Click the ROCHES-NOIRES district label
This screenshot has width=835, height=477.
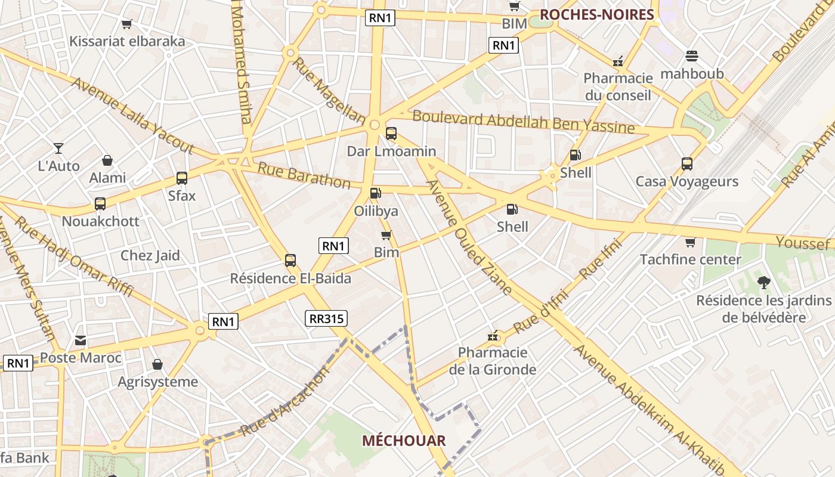pyautogui.click(x=596, y=14)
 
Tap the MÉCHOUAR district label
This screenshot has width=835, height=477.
pyautogui.click(x=404, y=441)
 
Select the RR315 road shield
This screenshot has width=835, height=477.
pyautogui.click(x=326, y=318)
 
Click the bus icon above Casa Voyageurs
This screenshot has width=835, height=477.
pyautogui.click(x=686, y=164)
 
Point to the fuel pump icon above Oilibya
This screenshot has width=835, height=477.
pyautogui.click(x=375, y=193)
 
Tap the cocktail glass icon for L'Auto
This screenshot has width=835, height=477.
pyautogui.click(x=58, y=148)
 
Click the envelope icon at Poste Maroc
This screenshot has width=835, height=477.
pyautogui.click(x=81, y=340)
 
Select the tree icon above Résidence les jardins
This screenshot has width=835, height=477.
pyautogui.click(x=763, y=283)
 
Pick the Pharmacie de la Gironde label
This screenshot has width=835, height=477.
pyautogui.click(x=492, y=361)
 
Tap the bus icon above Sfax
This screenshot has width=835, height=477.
pyautogui.click(x=182, y=178)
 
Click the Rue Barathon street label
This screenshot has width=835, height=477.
pyautogui.click(x=304, y=175)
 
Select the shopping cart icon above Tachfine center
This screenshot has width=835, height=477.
pyautogui.click(x=690, y=242)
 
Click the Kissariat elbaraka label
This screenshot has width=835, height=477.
pyautogui.click(x=127, y=41)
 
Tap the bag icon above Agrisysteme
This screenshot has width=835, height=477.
pyautogui.click(x=157, y=364)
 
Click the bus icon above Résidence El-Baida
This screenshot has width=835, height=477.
pyautogui.click(x=290, y=261)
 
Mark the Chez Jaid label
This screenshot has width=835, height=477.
pyautogui.click(x=150, y=256)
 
